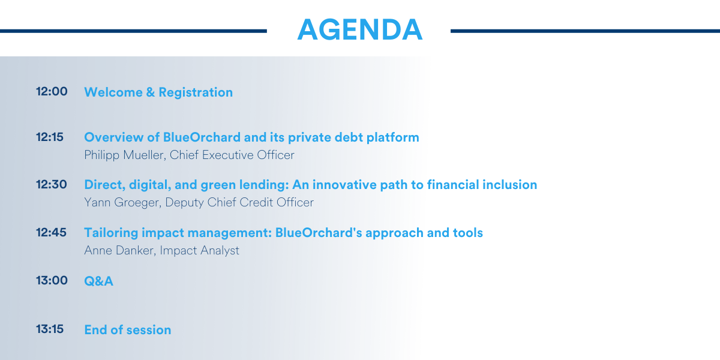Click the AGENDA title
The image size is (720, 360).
click(x=359, y=29)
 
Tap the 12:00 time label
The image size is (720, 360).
click(x=52, y=92)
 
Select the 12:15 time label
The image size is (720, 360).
click(x=50, y=137)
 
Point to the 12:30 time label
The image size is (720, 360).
click(x=52, y=185)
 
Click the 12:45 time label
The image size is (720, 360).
click(x=51, y=232)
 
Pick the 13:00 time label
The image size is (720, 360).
click(x=52, y=281)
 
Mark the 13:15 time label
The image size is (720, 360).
click(x=50, y=329)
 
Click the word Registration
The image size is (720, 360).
click(x=196, y=93)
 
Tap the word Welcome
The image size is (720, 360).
click(x=113, y=92)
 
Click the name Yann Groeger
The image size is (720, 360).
click(x=123, y=203)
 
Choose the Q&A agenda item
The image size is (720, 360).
click(x=98, y=281)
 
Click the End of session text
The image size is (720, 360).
click(x=128, y=330)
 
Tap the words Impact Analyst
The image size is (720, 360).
click(x=200, y=251)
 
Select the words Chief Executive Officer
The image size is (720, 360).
click(x=232, y=155)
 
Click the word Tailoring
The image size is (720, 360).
click(x=111, y=233)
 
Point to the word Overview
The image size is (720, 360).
click(x=114, y=137)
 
